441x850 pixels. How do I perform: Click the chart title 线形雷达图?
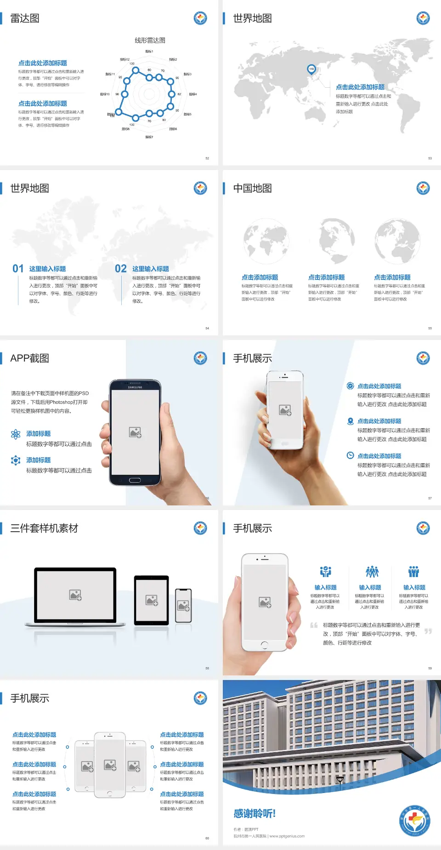pos(150,40)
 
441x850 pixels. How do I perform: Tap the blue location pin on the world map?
pos(311,69)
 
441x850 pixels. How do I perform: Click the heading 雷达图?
pos(25,18)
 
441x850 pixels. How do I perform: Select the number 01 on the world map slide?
pos(18,269)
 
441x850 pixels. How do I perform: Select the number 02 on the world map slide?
pos(121,269)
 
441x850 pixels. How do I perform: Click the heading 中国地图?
pos(252,188)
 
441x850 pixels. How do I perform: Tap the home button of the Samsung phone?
pos(135,480)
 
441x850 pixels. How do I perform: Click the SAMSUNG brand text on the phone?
pos(135,387)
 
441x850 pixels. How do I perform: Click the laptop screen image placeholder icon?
pos(75,595)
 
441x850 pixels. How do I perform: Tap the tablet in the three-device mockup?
pos(152,600)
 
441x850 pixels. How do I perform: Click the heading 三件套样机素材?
pos(44,528)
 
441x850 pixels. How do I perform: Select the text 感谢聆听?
pos(254,814)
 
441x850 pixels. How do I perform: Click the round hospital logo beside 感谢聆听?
pos(414,821)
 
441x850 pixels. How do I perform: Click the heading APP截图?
pos(29,358)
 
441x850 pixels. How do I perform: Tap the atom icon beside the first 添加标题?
pos(16,434)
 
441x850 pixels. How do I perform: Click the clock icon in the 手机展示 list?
pos(350,455)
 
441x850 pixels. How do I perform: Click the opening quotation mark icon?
pos(314,625)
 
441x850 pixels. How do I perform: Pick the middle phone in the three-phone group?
pos(110,765)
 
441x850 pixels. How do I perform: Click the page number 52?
pos(207,158)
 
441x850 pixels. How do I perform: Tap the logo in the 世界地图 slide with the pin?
pos(423,18)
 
